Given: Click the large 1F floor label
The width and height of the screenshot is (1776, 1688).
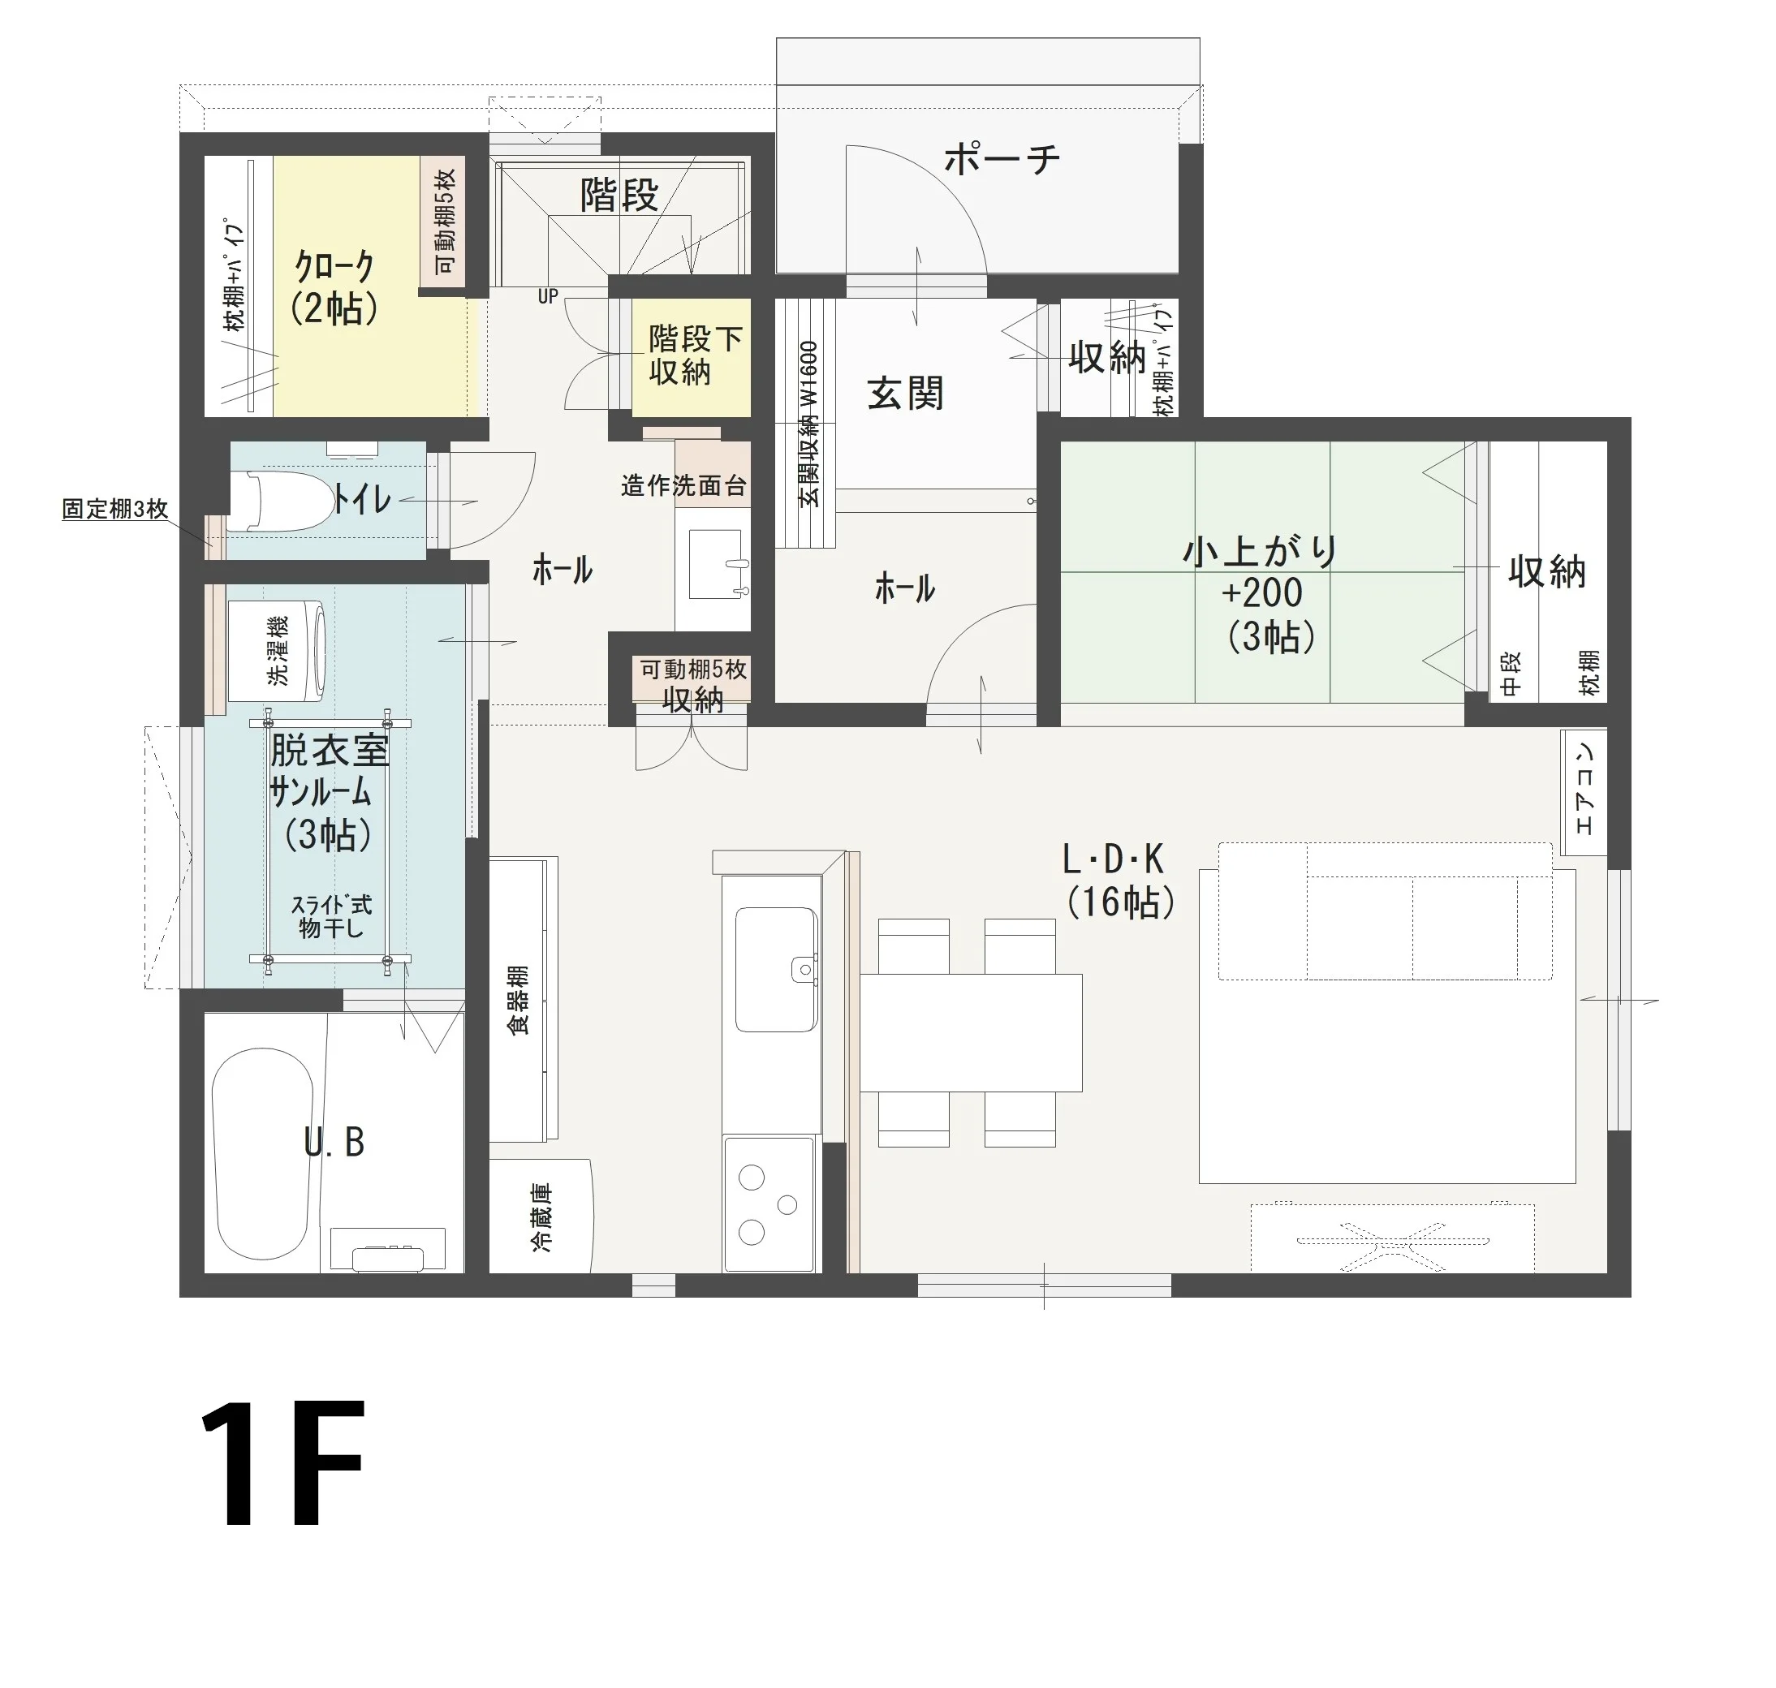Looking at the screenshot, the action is [x=282, y=1463].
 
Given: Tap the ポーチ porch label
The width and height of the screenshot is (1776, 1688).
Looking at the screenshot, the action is [x=1002, y=160].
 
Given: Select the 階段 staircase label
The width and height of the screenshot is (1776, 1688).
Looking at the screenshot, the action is [x=619, y=194].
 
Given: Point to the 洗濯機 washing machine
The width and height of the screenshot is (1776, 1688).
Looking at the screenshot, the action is [x=275, y=651].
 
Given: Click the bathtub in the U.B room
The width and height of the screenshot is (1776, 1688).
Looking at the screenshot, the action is [x=263, y=1153].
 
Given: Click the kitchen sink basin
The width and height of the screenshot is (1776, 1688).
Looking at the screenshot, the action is [x=776, y=969].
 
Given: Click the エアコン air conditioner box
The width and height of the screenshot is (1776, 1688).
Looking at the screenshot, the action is [x=1584, y=793].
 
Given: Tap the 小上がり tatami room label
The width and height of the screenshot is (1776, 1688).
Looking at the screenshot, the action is [x=1261, y=552].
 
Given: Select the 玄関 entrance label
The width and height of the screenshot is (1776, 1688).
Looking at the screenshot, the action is [x=906, y=394].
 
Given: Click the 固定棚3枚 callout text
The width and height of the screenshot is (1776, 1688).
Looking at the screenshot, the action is [x=115, y=510].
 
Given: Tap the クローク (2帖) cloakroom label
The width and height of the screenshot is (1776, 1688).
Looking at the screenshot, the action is [x=334, y=287].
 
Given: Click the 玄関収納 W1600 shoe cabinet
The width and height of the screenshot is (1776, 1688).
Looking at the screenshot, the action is [x=807, y=423].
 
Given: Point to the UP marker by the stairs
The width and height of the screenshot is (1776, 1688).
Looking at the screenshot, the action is [x=548, y=297].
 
